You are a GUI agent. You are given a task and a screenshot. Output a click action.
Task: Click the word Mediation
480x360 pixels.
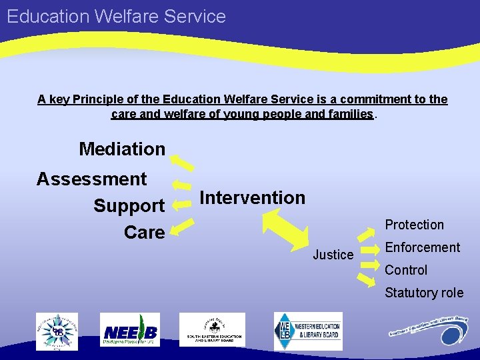click(122, 149)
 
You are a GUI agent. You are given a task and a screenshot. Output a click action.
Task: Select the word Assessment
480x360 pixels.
click(91, 179)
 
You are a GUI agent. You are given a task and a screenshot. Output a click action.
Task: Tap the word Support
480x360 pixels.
click(129, 206)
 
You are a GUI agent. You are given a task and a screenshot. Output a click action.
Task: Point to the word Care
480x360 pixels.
click(144, 232)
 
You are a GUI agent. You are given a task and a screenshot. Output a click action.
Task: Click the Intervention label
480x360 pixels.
click(252, 197)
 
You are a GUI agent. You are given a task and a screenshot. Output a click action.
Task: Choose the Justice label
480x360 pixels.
click(333, 255)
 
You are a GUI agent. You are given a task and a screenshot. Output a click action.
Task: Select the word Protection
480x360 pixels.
click(414, 225)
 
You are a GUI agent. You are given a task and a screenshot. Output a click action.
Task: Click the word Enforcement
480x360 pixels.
click(422, 247)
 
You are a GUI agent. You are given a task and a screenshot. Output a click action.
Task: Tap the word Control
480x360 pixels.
click(406, 270)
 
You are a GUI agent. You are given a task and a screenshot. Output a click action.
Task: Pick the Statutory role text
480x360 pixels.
click(423, 293)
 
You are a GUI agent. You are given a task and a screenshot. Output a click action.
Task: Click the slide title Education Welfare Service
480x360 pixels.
click(117, 16)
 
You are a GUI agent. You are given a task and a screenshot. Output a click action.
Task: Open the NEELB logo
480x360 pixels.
click(130, 330)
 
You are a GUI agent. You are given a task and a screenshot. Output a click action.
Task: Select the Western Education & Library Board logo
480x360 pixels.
click(308, 331)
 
